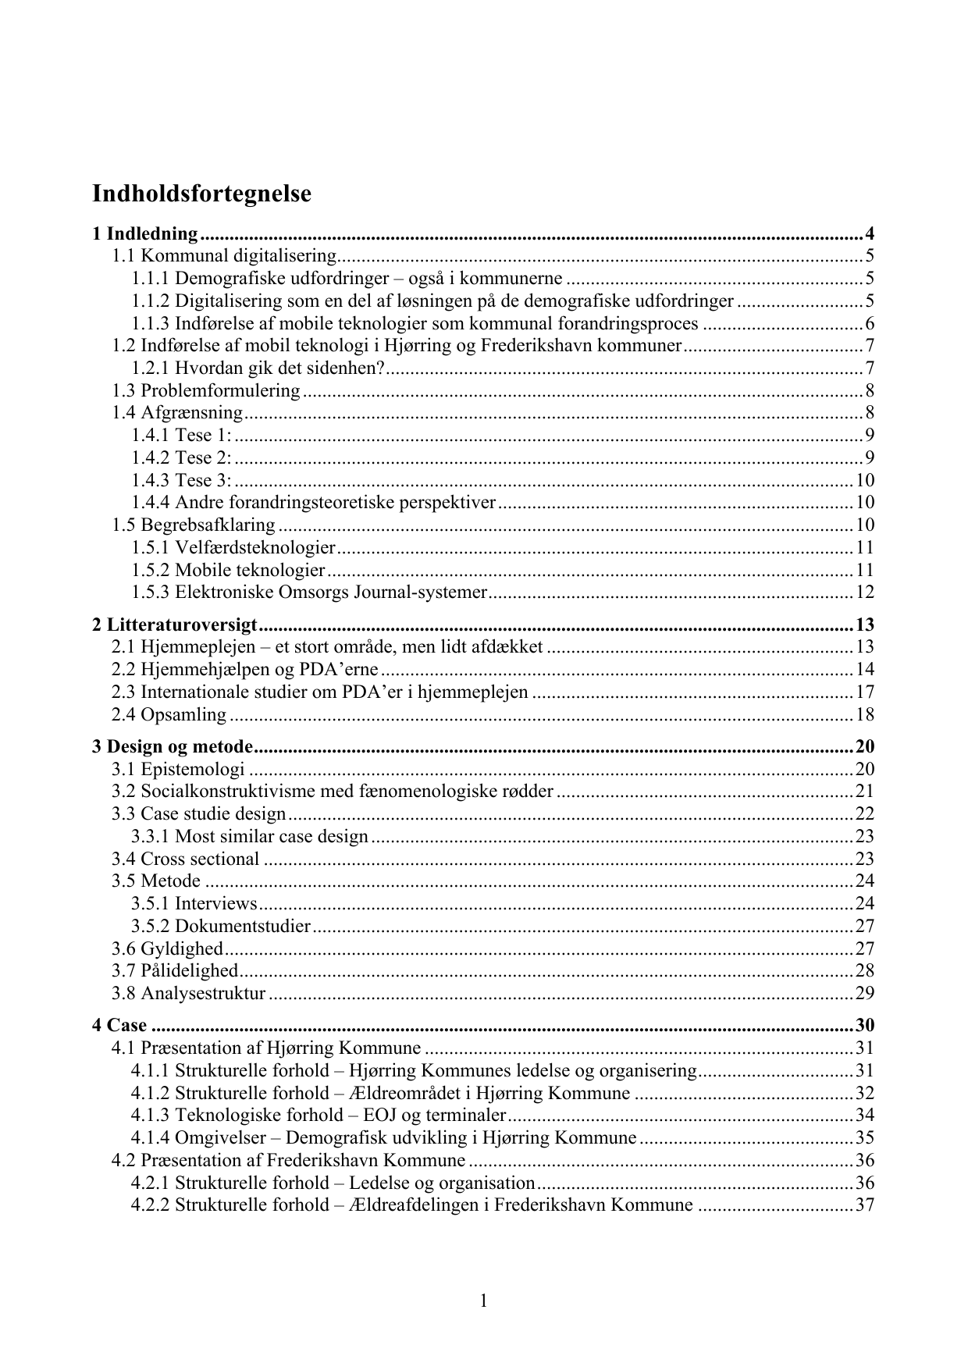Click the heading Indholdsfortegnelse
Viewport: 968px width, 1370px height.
[x=201, y=194]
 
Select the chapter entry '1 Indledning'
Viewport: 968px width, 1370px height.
[x=145, y=233]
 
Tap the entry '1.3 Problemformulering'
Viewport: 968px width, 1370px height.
[x=206, y=390]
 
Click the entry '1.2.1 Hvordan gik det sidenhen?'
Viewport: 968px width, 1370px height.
[x=258, y=368]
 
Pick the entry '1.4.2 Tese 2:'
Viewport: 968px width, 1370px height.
[x=181, y=457]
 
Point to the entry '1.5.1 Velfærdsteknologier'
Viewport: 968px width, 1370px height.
[x=233, y=547]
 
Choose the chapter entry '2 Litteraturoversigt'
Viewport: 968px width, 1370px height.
[x=175, y=625]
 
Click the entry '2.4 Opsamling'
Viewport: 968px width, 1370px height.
[x=169, y=714]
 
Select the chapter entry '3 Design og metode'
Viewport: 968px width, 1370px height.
[x=173, y=746]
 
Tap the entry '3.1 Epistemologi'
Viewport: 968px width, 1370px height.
[x=179, y=769]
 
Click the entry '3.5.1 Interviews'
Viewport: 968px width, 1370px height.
[x=194, y=903]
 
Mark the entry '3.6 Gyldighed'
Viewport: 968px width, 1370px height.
[x=168, y=948]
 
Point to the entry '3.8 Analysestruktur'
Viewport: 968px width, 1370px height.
[x=189, y=993]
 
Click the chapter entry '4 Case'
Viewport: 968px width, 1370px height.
[x=119, y=1025]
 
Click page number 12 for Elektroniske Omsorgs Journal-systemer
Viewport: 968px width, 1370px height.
[x=864, y=592]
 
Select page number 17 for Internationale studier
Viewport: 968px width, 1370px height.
[x=864, y=692]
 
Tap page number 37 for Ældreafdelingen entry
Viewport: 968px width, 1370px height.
[x=864, y=1205]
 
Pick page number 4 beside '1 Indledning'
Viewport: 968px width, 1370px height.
[x=869, y=233]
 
